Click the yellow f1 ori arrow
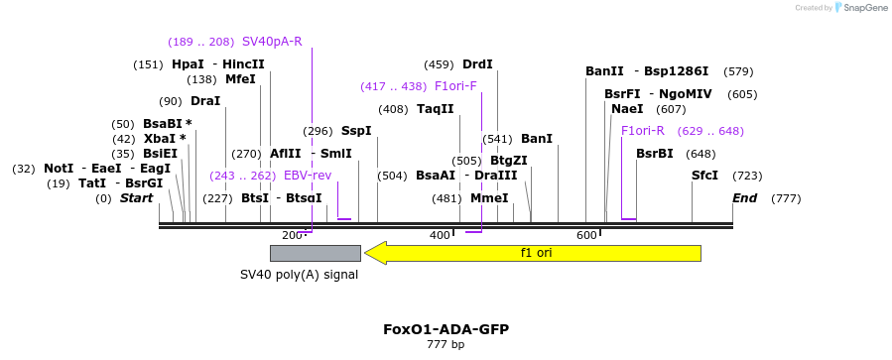click(x=533, y=253)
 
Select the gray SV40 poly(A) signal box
click(x=316, y=254)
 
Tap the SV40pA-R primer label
click(x=272, y=42)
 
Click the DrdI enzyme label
click(x=478, y=64)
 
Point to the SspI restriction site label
click(x=356, y=131)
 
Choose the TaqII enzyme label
click(x=436, y=109)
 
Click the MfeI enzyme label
click(x=241, y=79)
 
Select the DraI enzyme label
click(x=205, y=102)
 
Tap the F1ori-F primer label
click(x=455, y=86)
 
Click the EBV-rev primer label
click(x=308, y=176)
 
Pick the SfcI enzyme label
click(x=704, y=176)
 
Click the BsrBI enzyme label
click(x=654, y=154)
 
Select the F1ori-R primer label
click(x=643, y=131)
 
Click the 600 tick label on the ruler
click(x=587, y=235)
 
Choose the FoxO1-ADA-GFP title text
click(x=446, y=330)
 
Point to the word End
click(x=745, y=198)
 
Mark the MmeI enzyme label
click(x=489, y=198)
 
